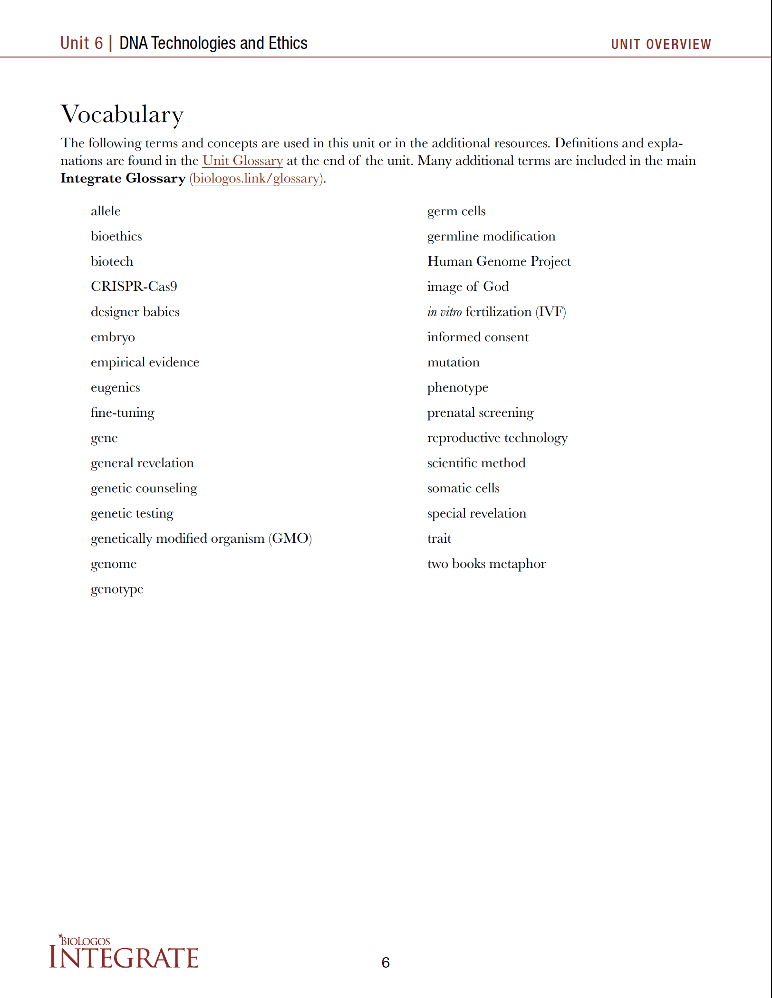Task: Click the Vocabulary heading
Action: [x=122, y=114]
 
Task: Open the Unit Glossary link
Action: [x=242, y=161]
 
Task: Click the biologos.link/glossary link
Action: [x=256, y=178]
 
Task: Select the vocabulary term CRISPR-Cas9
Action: [x=134, y=286]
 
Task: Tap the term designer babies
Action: [x=135, y=312]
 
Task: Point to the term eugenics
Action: [x=115, y=387]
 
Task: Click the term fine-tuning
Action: [x=122, y=413]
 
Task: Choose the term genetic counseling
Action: [x=144, y=488]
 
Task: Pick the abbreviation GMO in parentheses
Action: [x=290, y=538]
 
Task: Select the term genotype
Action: [x=117, y=589]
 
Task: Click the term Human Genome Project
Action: [x=499, y=261]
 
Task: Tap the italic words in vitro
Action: [x=444, y=312]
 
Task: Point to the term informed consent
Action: [x=478, y=337]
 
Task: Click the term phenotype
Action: [x=457, y=387]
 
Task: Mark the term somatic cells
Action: [x=463, y=488]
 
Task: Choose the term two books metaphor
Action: [x=486, y=564]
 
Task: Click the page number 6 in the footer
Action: [x=386, y=962]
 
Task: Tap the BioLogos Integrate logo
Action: [x=124, y=952]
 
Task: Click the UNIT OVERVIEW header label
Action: [x=661, y=44]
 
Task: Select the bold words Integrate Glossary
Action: [x=123, y=178]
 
